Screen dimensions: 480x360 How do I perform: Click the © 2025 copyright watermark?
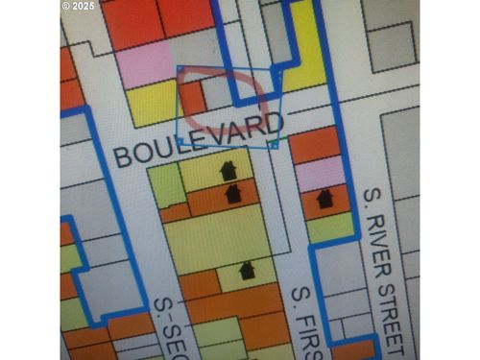click(79, 6)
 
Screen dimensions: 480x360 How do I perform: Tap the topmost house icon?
click(228, 171)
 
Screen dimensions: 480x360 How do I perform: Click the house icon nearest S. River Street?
click(324, 199)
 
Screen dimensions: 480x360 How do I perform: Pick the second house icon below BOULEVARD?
click(232, 193)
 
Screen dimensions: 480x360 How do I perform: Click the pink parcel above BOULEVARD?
click(145, 64)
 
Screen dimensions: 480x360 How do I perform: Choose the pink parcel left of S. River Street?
click(320, 172)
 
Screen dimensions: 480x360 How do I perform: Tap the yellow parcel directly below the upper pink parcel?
click(153, 104)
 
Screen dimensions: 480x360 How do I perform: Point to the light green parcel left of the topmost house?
click(167, 185)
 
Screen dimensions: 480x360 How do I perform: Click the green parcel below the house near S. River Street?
click(329, 227)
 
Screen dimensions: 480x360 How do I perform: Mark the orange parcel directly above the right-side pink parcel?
click(315, 145)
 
